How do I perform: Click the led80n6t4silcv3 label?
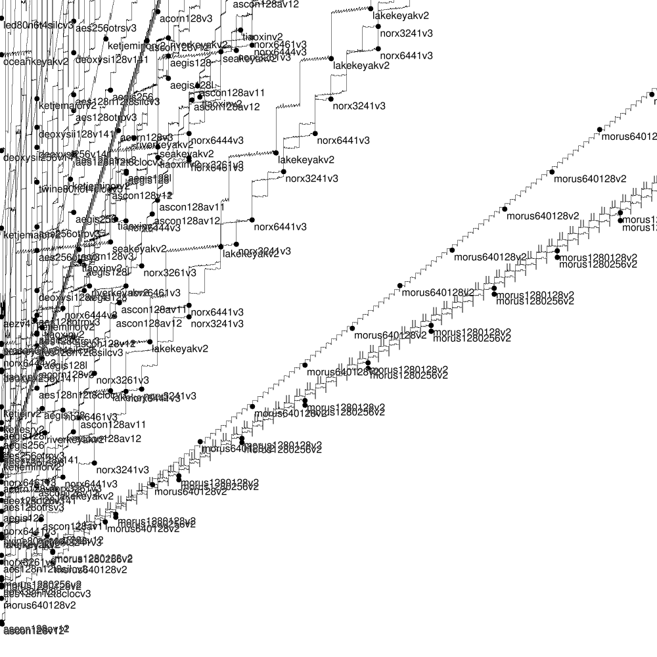click(38, 26)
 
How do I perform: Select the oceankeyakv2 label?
click(36, 62)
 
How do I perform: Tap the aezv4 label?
click(15, 324)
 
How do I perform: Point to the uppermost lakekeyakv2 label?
click(401, 15)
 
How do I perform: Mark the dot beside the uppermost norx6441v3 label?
click(378, 48)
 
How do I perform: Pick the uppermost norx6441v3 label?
click(407, 56)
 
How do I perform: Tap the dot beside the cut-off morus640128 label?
click(599, 129)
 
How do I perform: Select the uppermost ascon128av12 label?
click(266, 4)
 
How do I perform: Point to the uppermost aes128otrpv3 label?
click(106, 118)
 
